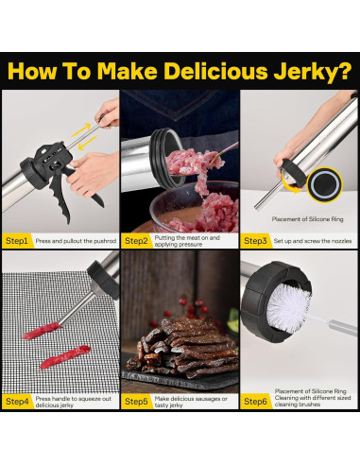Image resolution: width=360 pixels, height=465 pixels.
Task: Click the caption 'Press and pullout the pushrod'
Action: pos(76,241)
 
